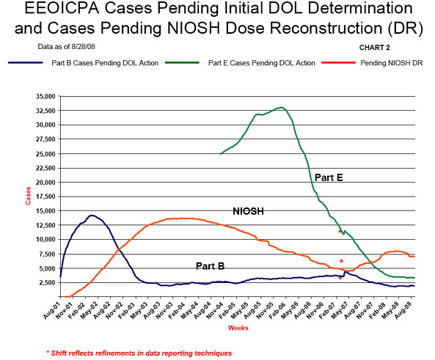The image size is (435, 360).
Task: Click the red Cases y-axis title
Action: [20, 196]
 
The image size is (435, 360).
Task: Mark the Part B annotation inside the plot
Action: [211, 265]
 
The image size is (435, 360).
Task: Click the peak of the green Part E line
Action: [282, 108]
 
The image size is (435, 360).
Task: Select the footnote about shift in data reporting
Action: [139, 353]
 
